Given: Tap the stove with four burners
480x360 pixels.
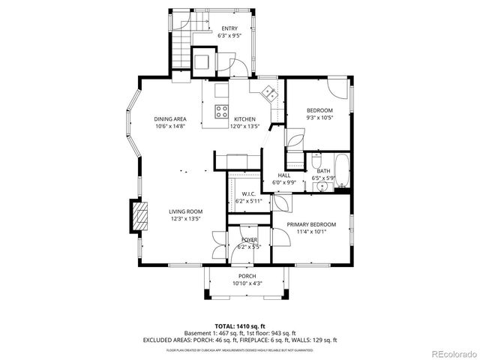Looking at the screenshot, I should point(223,112).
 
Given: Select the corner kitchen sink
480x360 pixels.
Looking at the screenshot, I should point(268,93).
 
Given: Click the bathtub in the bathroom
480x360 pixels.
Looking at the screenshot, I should point(341,172).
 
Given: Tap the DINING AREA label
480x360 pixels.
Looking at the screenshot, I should point(170,119).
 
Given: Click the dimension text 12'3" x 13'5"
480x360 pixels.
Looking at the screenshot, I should point(185,219).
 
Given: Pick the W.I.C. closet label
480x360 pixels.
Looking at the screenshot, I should point(249,194).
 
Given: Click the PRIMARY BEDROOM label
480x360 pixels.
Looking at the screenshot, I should point(311,224).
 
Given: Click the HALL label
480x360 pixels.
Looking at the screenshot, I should point(284,175).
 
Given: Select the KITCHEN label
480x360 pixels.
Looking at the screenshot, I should point(244,119).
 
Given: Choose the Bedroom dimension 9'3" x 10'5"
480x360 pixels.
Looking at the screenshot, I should point(319,118).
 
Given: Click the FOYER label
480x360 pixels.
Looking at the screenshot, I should point(249,239).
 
